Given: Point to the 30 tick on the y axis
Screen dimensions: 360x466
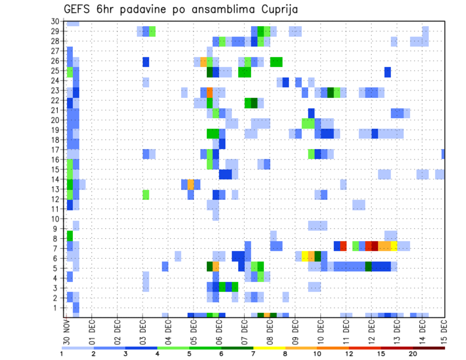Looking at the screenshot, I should [55, 21].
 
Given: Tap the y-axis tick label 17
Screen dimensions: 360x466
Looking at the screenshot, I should [55, 150].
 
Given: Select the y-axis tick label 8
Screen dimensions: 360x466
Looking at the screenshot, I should [57, 239].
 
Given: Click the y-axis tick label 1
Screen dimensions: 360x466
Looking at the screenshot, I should [57, 308].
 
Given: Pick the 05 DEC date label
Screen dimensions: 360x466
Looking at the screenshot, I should [193, 332].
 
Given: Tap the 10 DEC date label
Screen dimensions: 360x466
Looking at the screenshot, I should [320, 332].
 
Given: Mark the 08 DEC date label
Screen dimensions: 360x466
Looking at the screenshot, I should [269, 332].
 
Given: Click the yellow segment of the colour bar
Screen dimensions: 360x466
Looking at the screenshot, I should [269, 348].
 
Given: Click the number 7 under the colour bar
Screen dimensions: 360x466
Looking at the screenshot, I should [253, 354].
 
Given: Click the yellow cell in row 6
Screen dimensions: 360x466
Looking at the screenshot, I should [305, 256].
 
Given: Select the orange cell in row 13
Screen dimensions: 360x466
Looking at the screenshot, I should [191, 184].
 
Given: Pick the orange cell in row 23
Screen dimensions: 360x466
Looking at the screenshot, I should [210, 92].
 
